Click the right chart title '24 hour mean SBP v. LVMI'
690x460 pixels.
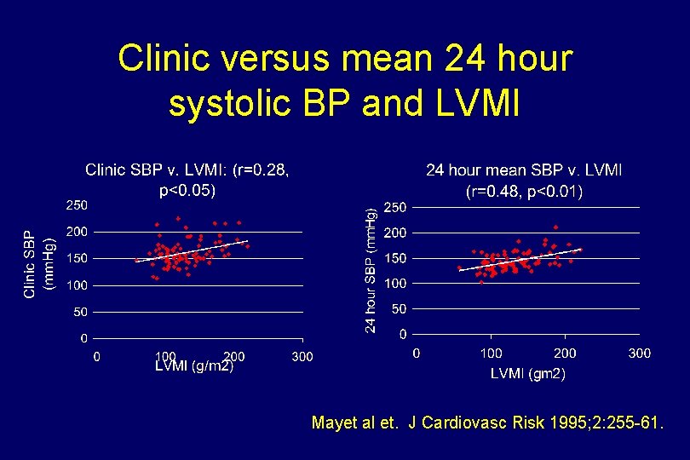point(524,170)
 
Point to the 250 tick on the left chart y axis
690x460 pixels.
point(77,204)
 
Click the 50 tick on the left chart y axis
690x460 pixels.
point(80,313)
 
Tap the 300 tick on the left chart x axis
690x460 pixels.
point(302,356)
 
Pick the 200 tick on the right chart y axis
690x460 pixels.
point(395,233)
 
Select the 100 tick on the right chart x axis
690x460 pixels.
point(491,353)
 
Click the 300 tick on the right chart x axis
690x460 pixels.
point(639,353)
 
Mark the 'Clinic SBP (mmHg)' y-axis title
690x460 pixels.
point(40,264)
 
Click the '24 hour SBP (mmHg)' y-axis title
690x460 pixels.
point(371,273)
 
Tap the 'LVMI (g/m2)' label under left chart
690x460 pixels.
point(193,367)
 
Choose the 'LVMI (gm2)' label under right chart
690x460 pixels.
point(527,374)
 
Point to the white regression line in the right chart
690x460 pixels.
point(520,259)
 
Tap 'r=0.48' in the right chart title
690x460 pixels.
point(494,192)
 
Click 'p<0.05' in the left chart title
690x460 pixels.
point(187,190)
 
